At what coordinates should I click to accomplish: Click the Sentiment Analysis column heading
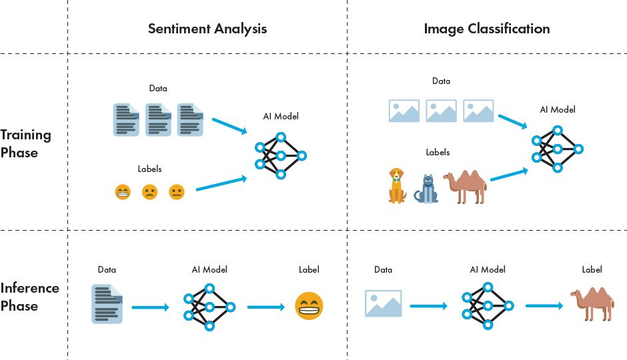click(207, 29)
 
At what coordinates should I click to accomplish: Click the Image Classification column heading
click(486, 29)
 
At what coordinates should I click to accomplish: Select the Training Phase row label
click(25, 143)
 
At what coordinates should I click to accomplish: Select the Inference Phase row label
click(29, 297)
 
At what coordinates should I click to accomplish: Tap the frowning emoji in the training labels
click(149, 192)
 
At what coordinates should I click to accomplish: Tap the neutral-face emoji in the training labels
click(176, 192)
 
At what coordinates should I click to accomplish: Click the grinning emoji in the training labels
click(123, 192)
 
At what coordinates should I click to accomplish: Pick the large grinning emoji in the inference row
click(309, 307)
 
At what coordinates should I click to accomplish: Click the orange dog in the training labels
click(396, 185)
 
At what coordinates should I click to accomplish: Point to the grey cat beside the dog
click(426, 189)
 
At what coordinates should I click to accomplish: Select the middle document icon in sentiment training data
click(158, 120)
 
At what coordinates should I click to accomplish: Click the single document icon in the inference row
click(107, 303)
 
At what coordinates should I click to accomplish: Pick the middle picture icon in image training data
click(441, 111)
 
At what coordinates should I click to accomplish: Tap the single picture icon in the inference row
click(384, 303)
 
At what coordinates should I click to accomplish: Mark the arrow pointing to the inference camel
click(545, 307)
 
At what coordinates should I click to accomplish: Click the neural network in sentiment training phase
click(279, 156)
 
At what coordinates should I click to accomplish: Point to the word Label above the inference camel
click(592, 270)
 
